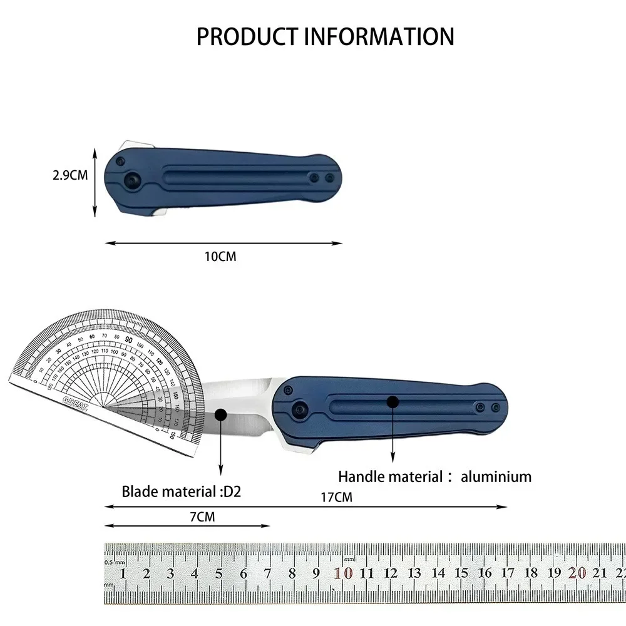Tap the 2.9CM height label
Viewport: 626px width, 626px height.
click(x=70, y=175)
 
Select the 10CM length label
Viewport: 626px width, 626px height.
click(x=221, y=256)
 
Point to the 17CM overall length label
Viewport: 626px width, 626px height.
click(x=336, y=498)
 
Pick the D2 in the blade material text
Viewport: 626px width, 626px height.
click(x=232, y=491)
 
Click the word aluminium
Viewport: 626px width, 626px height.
click(x=496, y=476)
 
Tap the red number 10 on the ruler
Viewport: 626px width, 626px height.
click(x=343, y=573)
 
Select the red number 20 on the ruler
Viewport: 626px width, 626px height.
click(x=577, y=573)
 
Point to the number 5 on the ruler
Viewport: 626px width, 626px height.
click(x=219, y=573)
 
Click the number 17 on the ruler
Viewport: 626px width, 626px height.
click(x=508, y=573)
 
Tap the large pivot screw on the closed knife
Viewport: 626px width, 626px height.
click(x=133, y=180)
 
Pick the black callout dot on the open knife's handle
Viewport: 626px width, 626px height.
click(x=393, y=401)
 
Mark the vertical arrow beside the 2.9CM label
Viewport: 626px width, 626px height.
click(x=95, y=182)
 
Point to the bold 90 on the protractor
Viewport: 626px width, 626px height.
click(x=128, y=339)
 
